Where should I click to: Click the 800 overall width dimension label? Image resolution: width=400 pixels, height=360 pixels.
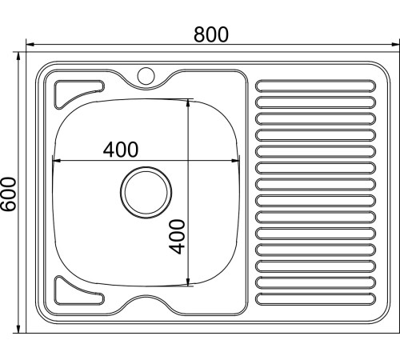(x=211, y=34)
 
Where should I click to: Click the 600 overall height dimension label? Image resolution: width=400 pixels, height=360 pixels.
(x=9, y=194)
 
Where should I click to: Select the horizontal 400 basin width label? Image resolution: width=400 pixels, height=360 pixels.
(x=120, y=149)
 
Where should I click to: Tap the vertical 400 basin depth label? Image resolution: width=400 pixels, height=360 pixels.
(x=179, y=236)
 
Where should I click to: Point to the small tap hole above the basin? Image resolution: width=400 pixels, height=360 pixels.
(x=146, y=76)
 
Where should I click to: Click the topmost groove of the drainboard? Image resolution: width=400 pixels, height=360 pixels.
(x=314, y=84)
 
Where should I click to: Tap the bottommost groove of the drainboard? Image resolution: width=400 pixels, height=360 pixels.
(x=314, y=299)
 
